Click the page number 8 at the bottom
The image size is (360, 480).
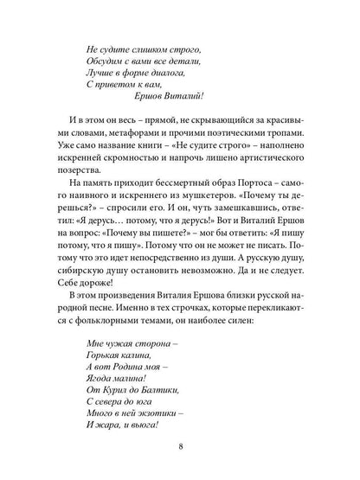pyautogui.click(x=179, y=448)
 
